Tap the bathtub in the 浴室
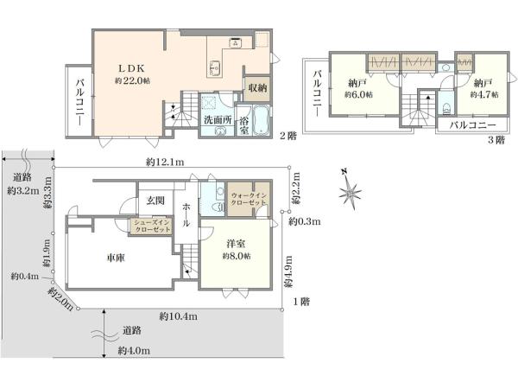[x=262, y=121]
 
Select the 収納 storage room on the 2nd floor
[x=257, y=88]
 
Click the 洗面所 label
[x=218, y=120]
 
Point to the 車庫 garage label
[x=116, y=258]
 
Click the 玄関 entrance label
[x=155, y=201]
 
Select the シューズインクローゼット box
[x=151, y=226]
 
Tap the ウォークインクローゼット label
[x=249, y=199]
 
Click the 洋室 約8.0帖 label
[x=236, y=250]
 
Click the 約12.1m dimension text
[x=165, y=163]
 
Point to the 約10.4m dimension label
[x=179, y=316]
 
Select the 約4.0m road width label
[x=134, y=351]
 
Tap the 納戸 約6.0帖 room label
[x=358, y=88]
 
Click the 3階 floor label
[x=496, y=140]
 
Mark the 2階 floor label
[x=288, y=136]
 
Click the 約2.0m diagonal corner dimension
[x=60, y=299]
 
